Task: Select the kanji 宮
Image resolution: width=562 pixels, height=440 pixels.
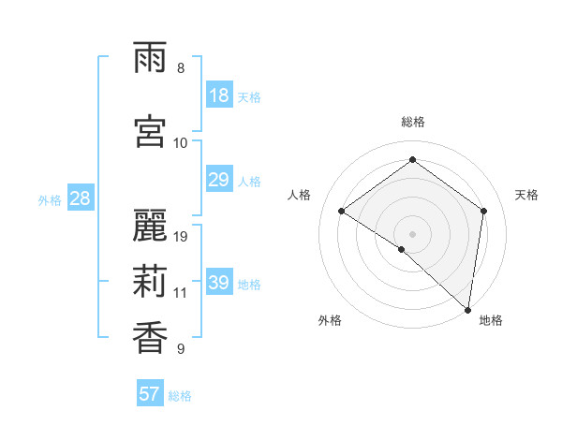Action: coord(150,132)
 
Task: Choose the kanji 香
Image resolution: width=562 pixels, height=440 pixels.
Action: coord(150,338)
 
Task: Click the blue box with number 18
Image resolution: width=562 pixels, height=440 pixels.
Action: coord(219,95)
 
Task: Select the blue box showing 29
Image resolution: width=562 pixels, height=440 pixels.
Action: coord(219,180)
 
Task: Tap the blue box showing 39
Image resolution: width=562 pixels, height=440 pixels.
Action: coord(219,283)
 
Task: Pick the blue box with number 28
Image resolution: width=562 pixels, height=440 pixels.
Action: coord(80,198)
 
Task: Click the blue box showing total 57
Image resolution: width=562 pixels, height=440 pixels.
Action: coord(150,394)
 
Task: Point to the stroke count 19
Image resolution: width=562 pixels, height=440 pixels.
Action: coord(181,237)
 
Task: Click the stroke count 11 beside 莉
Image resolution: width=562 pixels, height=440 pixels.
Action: coord(181,293)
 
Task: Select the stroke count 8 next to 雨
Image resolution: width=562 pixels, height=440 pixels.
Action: coord(181,68)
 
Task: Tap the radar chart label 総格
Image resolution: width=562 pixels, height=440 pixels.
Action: coord(412,122)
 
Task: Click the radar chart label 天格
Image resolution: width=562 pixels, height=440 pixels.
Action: coord(526,195)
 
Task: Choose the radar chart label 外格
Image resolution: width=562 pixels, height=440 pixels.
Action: coord(330,321)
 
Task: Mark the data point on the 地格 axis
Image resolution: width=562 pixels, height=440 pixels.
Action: coord(467,309)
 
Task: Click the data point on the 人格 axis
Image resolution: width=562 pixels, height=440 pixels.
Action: coord(342,211)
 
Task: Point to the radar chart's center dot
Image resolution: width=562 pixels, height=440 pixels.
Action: coord(412,233)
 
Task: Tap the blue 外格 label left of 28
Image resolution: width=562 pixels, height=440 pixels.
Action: coord(49,199)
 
